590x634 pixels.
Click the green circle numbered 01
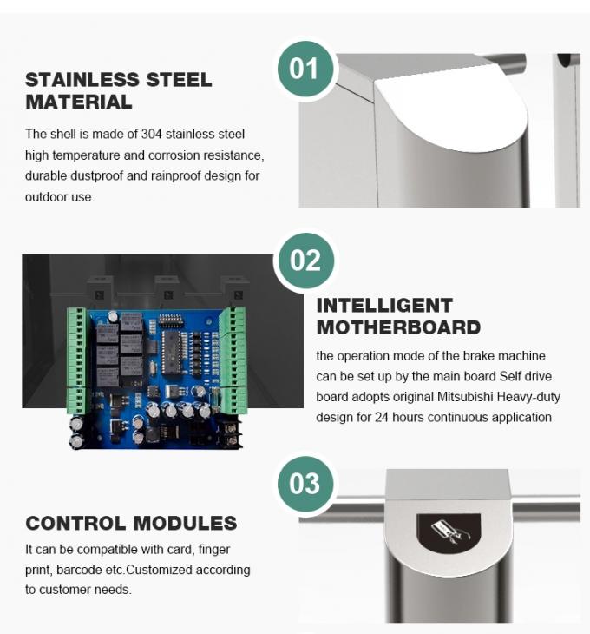(305, 68)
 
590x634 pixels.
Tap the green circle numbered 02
(305, 261)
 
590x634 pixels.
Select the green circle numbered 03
(305, 484)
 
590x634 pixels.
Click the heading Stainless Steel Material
(118, 90)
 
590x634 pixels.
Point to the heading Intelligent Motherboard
(398, 316)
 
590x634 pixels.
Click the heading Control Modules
(131, 523)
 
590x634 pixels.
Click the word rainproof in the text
(161, 175)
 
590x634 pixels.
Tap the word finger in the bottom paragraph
(213, 549)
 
